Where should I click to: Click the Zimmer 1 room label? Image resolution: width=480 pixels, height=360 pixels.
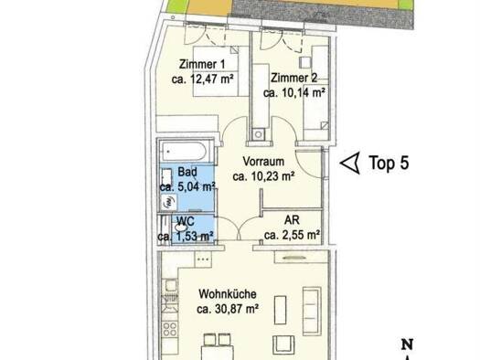(x=202, y=64)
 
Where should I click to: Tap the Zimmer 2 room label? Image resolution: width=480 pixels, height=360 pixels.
(x=293, y=78)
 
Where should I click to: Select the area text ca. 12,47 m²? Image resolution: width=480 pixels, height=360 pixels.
(x=202, y=79)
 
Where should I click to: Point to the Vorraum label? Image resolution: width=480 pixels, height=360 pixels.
(x=263, y=162)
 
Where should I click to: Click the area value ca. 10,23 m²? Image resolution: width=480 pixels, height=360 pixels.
(x=263, y=176)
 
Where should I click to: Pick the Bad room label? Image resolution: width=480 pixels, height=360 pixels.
(x=187, y=172)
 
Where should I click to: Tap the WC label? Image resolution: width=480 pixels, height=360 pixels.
(x=186, y=221)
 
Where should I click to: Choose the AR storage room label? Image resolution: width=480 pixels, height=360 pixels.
(x=292, y=220)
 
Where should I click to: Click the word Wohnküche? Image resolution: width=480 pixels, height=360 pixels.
(x=228, y=294)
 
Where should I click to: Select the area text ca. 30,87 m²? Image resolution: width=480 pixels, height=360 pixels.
(x=228, y=309)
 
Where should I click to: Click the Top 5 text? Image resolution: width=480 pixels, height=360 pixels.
(x=389, y=163)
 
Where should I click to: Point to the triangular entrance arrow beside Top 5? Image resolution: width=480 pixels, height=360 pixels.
(x=350, y=163)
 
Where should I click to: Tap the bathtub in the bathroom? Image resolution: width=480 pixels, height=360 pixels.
(x=185, y=151)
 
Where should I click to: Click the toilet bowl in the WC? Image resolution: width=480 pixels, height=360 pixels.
(x=181, y=228)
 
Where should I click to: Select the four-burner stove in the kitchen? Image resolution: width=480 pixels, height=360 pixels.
(x=169, y=330)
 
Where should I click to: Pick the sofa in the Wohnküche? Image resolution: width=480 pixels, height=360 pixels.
(x=312, y=311)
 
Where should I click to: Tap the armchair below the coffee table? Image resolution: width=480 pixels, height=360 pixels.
(x=283, y=344)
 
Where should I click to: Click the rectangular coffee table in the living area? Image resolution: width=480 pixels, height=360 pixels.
(x=280, y=310)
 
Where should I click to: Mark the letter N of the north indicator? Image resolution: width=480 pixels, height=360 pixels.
(x=407, y=344)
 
